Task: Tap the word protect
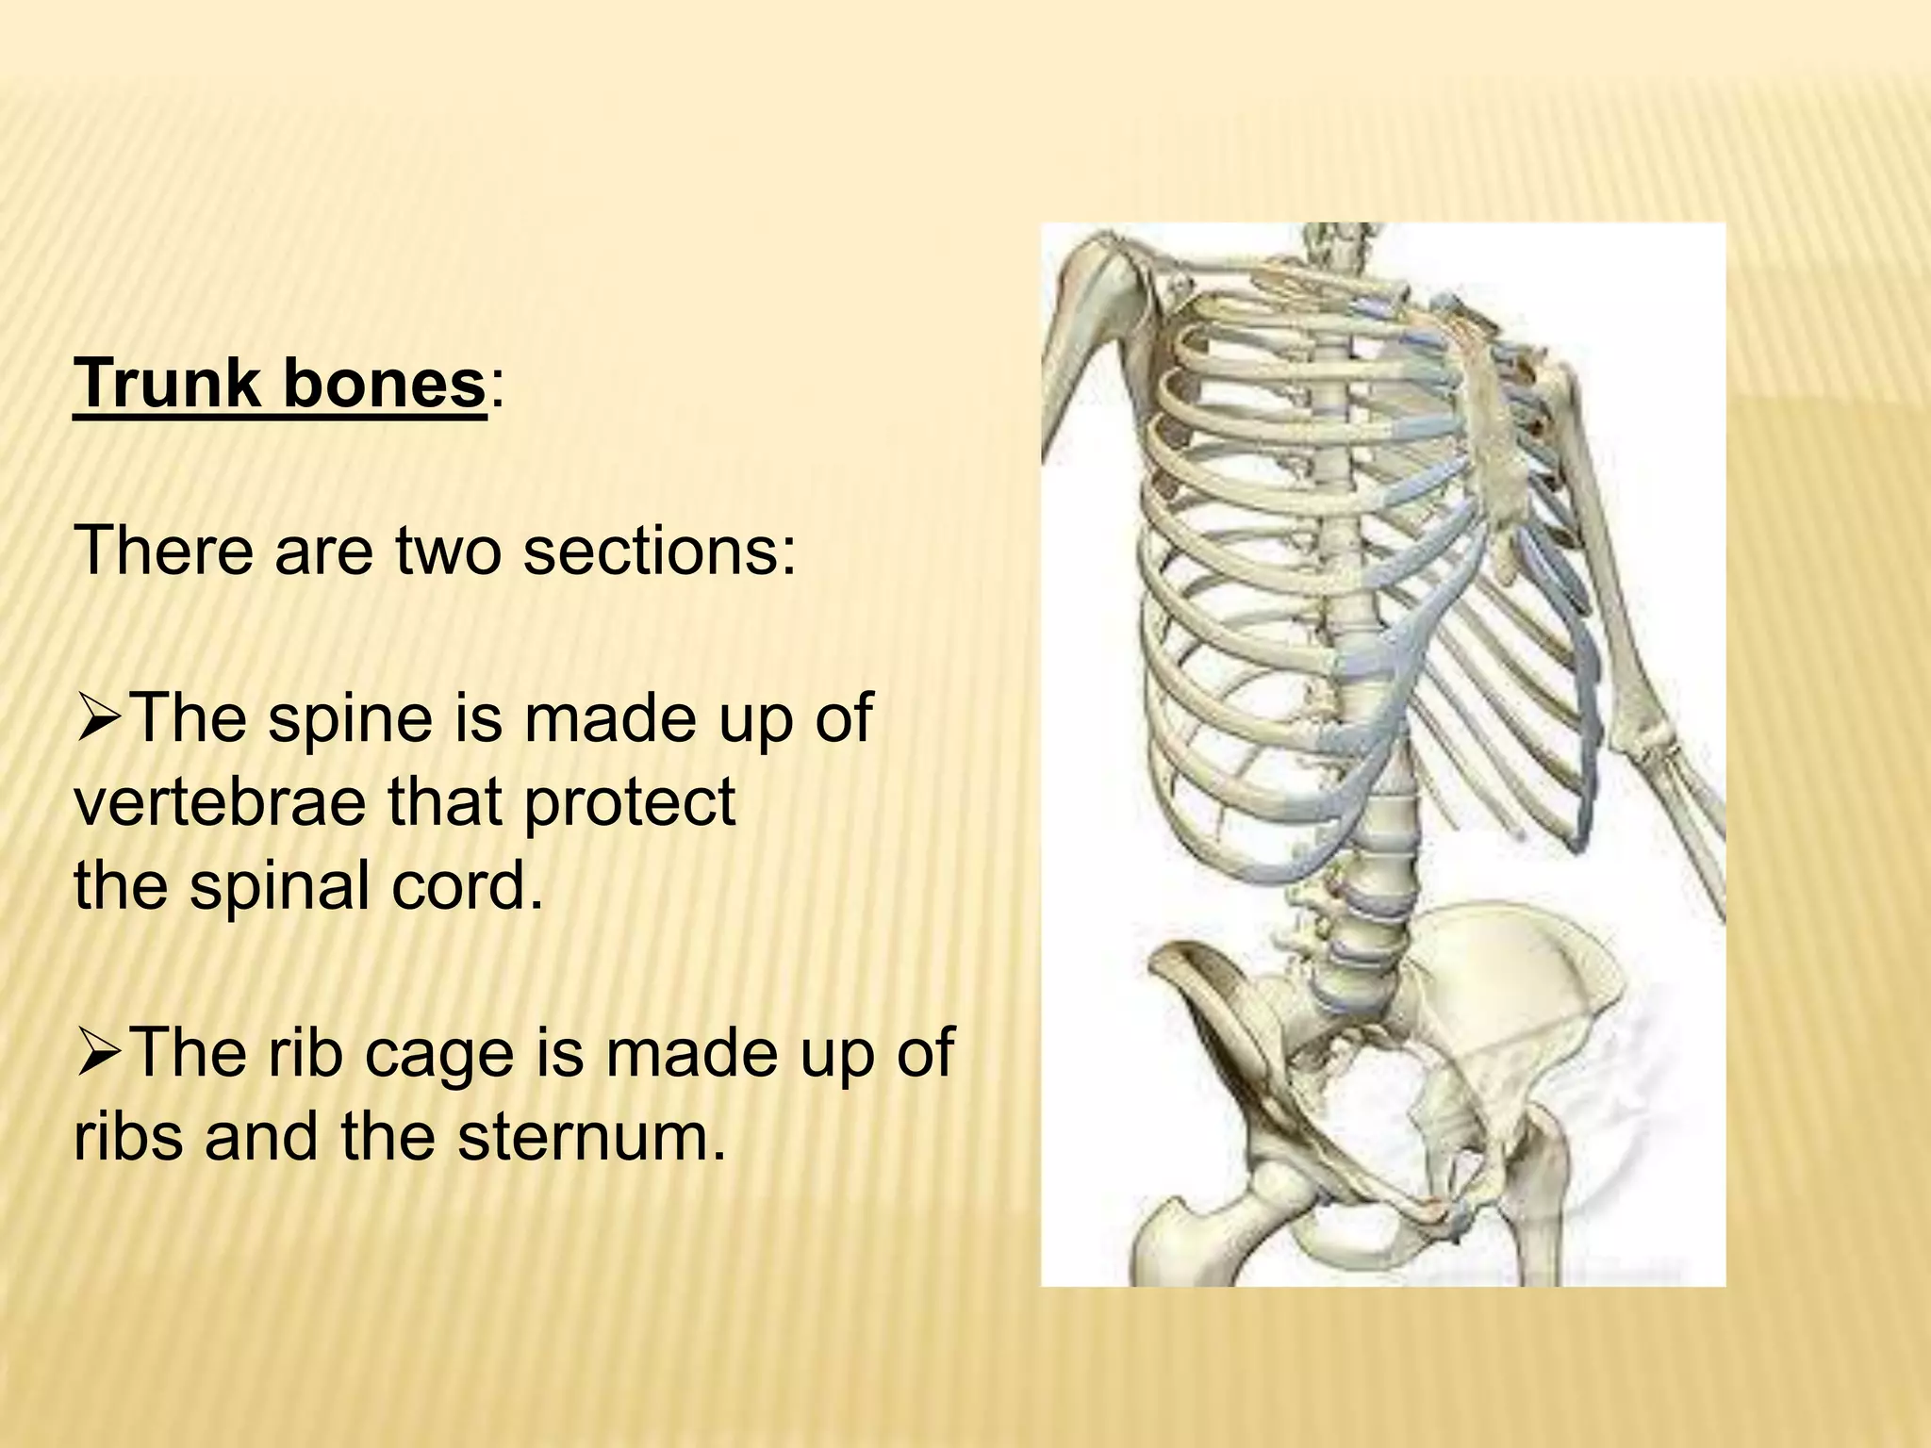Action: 629,802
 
